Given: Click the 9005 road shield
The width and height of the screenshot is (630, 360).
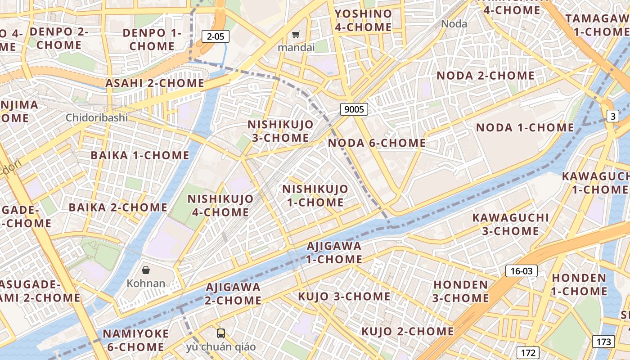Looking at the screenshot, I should tap(354, 109).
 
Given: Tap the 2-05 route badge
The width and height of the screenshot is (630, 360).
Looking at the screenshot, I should tap(216, 36).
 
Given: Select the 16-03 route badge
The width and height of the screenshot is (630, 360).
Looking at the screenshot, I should tap(522, 271).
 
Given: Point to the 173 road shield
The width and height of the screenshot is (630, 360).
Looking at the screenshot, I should tap(603, 341).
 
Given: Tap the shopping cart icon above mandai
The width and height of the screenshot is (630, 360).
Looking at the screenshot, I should tap(296, 35).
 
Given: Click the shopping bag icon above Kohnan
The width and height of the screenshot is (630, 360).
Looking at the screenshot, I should tap(146, 270).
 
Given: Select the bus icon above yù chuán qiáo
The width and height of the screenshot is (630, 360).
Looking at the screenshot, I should tap(220, 333).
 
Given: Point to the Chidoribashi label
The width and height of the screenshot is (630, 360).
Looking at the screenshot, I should tap(97, 118).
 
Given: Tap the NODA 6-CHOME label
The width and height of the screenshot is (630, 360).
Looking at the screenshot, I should tap(377, 143).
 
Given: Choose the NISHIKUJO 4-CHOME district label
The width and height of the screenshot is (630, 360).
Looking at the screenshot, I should tap(220, 205).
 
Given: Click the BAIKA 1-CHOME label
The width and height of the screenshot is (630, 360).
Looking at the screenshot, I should tap(140, 155).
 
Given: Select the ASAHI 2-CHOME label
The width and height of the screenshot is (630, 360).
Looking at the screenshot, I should tap(155, 83).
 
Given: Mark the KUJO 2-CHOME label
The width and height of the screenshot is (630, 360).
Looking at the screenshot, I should tap(408, 332).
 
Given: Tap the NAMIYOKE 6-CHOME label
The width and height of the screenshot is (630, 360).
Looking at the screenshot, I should tap(135, 340).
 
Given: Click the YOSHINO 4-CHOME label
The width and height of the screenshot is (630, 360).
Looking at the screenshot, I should tap(363, 20).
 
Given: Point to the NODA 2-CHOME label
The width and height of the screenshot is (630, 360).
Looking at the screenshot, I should tap(486, 76).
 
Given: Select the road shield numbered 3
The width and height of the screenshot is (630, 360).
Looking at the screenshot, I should tap(612, 117).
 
